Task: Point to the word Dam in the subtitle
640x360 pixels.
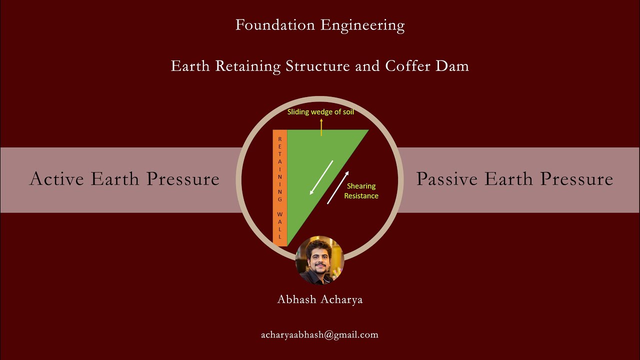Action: tap(452, 66)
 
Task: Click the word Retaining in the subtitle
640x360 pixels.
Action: tap(247, 66)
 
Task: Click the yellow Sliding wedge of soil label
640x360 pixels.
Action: tap(320, 112)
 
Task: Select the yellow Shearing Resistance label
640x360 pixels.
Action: tap(361, 191)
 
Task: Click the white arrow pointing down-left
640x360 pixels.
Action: tap(321, 177)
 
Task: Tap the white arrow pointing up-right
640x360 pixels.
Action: tap(338, 187)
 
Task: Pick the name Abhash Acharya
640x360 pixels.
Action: tap(320, 299)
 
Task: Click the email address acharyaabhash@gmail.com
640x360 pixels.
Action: tap(319, 335)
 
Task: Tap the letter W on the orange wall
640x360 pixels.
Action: tap(280, 214)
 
